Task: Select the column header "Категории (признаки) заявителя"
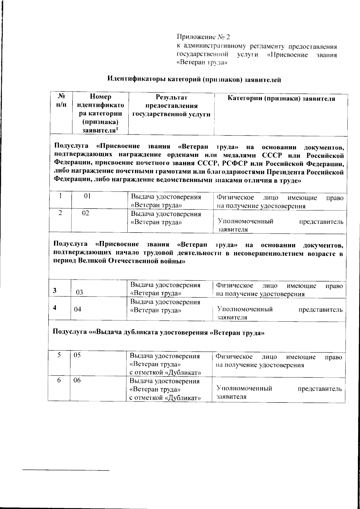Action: [x=281, y=99]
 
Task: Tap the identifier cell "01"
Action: [x=87, y=196]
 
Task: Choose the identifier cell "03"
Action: [x=79, y=292]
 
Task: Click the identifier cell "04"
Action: [x=78, y=309]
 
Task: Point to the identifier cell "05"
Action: [x=77, y=355]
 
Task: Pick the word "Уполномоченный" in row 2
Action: [x=246, y=222]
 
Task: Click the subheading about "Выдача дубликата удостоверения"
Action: [x=159, y=333]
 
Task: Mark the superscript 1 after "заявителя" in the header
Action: [x=117, y=128]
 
